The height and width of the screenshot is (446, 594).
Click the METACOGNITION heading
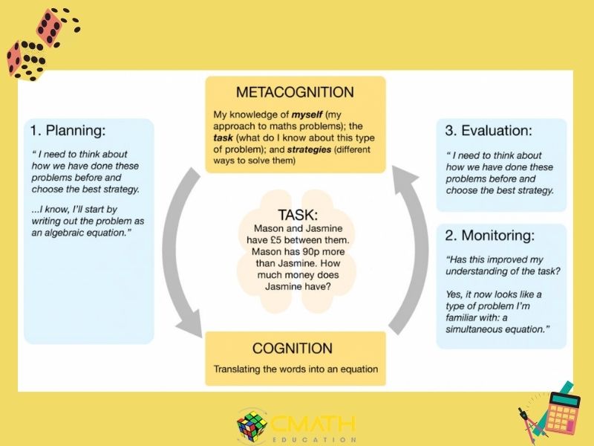[295, 93]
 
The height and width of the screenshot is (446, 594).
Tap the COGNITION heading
[296, 348]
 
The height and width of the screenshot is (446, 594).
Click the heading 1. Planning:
[68, 132]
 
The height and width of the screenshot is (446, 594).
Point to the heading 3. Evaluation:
[489, 131]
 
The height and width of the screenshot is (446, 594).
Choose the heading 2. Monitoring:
[489, 236]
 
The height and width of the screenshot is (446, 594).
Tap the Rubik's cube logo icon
[252, 424]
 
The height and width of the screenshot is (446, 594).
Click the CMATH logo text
[312, 424]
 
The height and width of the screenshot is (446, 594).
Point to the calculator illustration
[562, 411]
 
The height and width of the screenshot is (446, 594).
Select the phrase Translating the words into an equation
[296, 369]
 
